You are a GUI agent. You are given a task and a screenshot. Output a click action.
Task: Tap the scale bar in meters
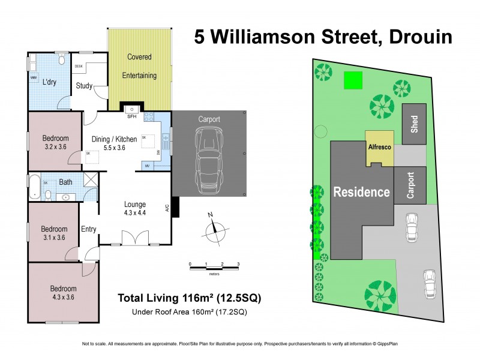[x=214, y=268]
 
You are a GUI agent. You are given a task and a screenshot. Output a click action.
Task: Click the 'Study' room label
[x=84, y=86]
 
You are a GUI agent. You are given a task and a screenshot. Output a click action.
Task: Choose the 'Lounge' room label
[x=135, y=204]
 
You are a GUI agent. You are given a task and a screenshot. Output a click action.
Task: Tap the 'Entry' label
[x=89, y=229]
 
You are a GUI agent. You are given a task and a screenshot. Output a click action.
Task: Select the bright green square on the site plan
[x=353, y=80]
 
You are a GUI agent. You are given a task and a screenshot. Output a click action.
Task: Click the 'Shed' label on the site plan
[x=414, y=124]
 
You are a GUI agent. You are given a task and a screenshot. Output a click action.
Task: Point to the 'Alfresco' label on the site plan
[x=379, y=146]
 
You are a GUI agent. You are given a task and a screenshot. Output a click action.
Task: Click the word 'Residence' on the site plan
[x=361, y=192]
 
